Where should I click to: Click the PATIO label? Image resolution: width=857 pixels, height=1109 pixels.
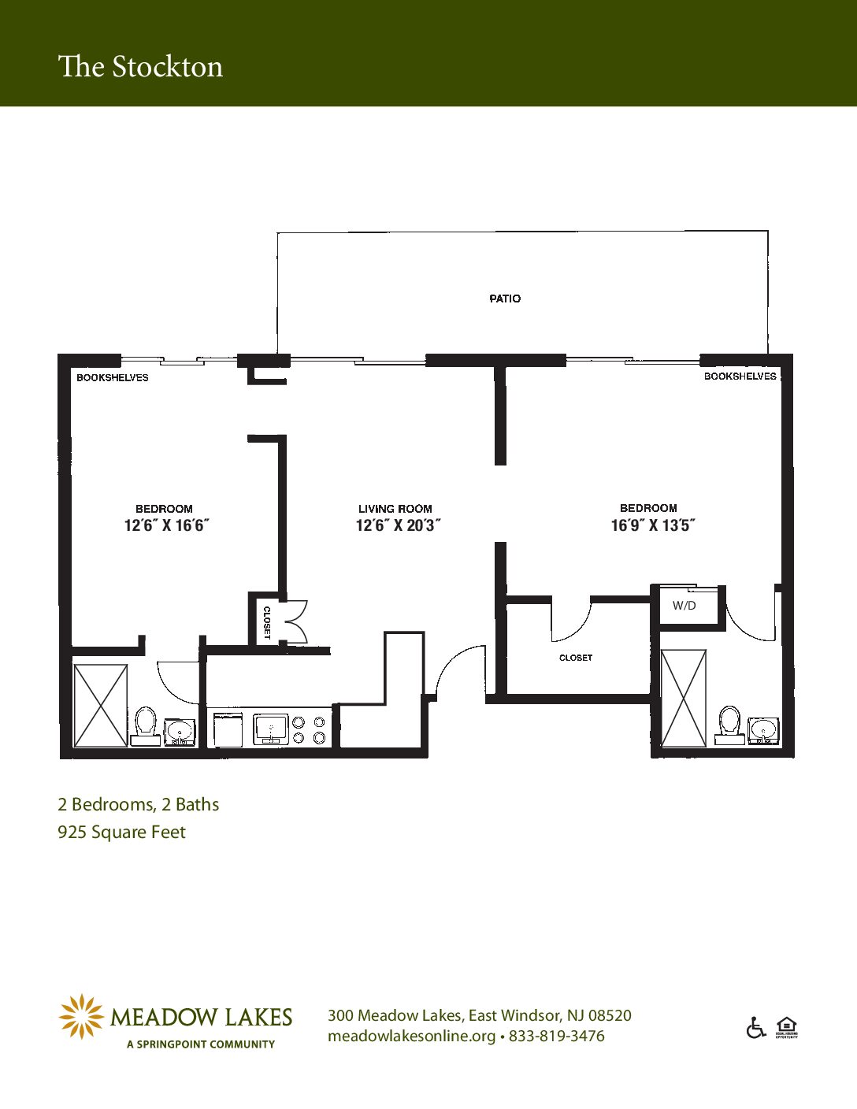[505, 299]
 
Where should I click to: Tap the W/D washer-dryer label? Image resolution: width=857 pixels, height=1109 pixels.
[684, 606]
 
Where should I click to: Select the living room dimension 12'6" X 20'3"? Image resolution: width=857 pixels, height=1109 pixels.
[398, 525]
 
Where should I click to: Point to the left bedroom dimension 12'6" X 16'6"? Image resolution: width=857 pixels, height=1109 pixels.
[167, 525]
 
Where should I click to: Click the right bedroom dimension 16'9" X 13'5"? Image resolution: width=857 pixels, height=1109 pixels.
[653, 525]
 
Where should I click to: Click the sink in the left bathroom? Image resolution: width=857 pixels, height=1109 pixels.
[179, 733]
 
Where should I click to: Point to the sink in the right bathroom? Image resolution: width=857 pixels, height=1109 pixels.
[763, 731]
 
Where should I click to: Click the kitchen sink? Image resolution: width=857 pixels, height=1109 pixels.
[271, 729]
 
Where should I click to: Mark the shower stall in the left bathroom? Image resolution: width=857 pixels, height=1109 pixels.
[101, 705]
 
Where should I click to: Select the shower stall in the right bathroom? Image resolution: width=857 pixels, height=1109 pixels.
[684, 698]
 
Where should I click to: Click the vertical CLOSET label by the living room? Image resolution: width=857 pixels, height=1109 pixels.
[266, 623]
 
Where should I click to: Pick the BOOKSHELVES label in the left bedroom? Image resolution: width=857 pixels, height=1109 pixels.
[113, 377]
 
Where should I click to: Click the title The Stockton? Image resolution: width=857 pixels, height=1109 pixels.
[140, 67]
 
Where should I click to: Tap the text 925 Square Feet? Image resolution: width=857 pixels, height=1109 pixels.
[121, 833]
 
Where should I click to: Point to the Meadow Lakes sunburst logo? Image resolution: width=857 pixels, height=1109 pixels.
[80, 1017]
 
